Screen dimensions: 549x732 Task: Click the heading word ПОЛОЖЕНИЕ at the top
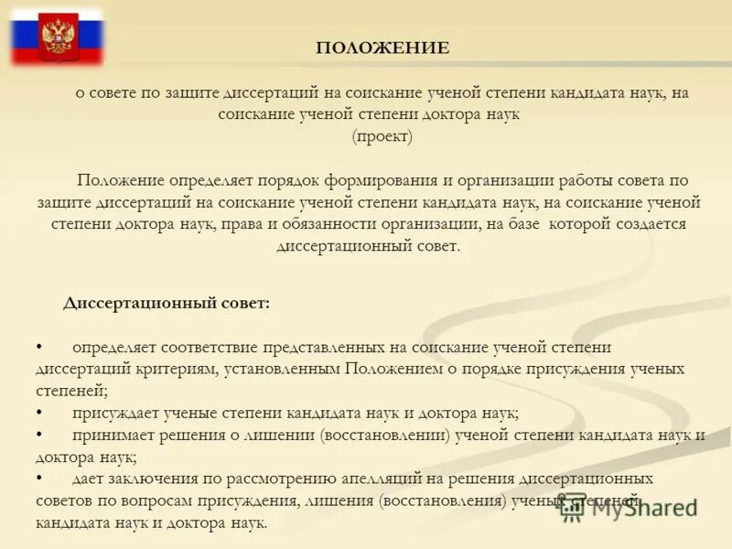click(x=382, y=48)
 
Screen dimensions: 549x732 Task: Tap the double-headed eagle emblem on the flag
click(x=59, y=37)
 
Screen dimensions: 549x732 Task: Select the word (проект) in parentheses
click(x=382, y=136)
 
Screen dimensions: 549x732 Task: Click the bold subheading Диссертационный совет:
click(x=167, y=303)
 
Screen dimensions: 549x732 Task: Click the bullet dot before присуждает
click(x=39, y=413)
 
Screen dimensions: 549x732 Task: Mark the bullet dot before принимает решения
click(x=39, y=435)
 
